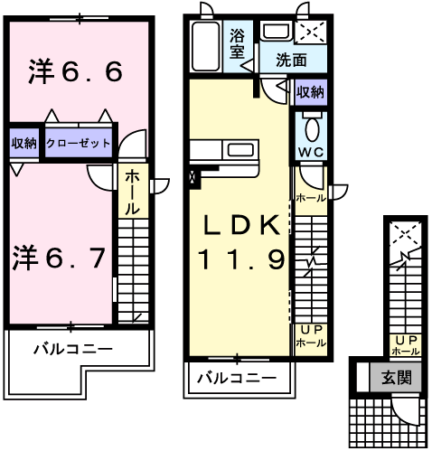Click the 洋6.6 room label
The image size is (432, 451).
click(75, 71)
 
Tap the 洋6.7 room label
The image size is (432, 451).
click(59, 258)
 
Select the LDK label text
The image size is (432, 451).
click(242, 225)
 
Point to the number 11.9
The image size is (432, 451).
click(241, 259)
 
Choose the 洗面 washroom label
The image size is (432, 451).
click(291, 60)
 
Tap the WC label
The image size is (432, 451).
click(311, 152)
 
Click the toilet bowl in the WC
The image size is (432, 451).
click(312, 129)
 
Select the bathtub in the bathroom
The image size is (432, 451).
click(206, 46)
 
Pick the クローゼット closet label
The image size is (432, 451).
click(79, 143)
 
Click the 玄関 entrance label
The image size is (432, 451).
click(397, 377)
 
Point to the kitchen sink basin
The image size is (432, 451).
click(240, 149)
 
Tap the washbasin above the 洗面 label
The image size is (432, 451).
click(277, 31)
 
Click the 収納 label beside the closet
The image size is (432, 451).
click(24, 143)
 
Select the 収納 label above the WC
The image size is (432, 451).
click(311, 92)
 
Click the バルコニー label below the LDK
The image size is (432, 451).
click(237, 378)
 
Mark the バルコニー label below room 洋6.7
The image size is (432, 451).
click(73, 349)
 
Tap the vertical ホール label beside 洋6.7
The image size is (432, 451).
click(132, 193)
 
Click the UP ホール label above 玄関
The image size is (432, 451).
click(406, 345)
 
